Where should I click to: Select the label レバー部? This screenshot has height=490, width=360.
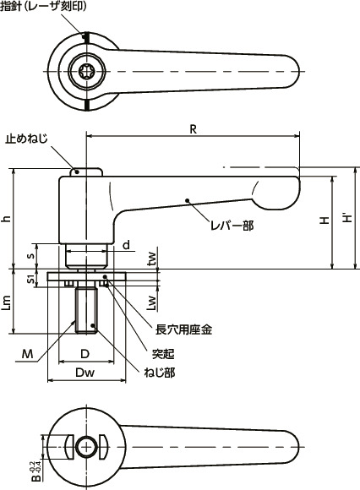click(232, 226)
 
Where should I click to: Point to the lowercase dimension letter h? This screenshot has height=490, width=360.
click(8, 218)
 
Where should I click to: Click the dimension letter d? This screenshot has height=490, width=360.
click(126, 246)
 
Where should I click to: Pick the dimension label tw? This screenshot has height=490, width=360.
click(152, 258)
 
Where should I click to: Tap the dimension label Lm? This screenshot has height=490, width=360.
click(8, 301)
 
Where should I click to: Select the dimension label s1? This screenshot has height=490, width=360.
click(31, 278)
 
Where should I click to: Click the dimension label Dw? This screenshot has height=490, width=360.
click(85, 373)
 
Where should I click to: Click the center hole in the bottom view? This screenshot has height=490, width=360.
click(85, 447)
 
